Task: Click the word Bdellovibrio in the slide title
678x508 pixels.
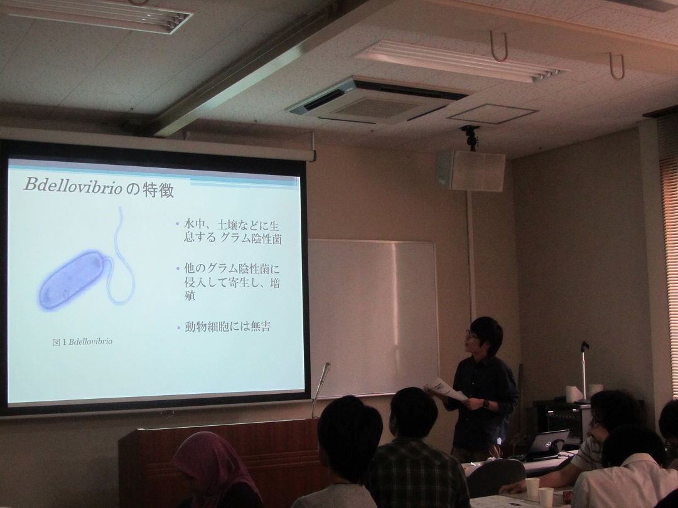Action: click(x=73, y=185)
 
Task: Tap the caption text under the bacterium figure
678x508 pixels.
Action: click(x=83, y=342)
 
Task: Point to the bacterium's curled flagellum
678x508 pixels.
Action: click(x=122, y=259)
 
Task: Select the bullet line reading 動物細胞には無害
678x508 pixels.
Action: click(x=227, y=327)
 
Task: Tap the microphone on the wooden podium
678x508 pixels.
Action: click(x=322, y=379)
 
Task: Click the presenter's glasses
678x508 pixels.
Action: click(x=470, y=334)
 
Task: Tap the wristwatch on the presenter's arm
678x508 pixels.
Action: click(x=485, y=404)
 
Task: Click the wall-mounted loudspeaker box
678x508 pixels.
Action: click(x=470, y=171)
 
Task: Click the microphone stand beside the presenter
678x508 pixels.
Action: click(x=584, y=371)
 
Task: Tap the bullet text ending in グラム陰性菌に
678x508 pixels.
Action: click(x=232, y=268)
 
